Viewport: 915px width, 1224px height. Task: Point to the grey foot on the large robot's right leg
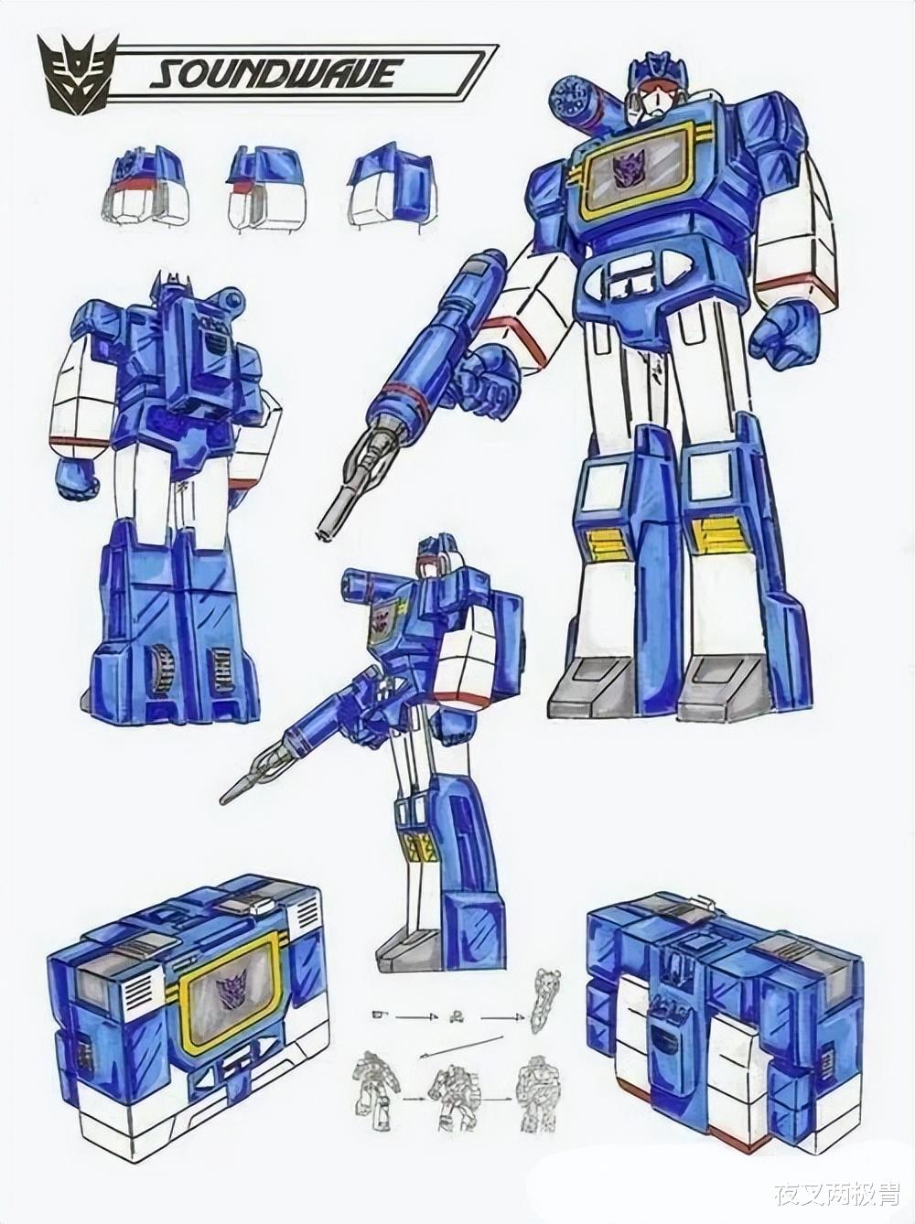pos(586,687)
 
